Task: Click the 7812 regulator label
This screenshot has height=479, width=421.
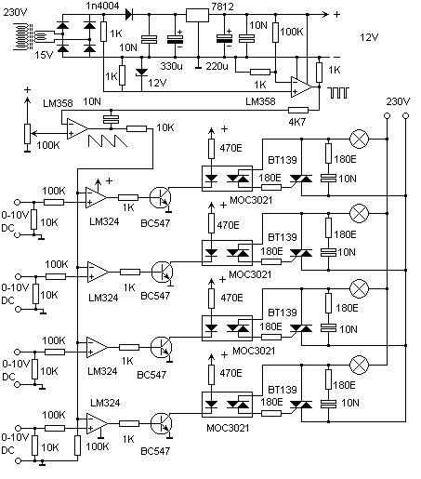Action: click(x=222, y=7)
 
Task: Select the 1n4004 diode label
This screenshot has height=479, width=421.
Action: click(x=102, y=6)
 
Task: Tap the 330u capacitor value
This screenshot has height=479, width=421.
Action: click(x=171, y=66)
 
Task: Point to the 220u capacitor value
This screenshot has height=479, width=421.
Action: click(x=217, y=66)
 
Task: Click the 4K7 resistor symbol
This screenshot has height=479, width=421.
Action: click(x=298, y=110)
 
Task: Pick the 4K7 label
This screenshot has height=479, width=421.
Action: click(x=297, y=122)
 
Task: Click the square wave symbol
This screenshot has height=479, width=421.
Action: click(x=338, y=93)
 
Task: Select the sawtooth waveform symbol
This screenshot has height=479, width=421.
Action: click(x=108, y=141)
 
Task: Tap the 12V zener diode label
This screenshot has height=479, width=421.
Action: click(x=157, y=83)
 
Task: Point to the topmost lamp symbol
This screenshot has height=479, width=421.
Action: click(x=359, y=140)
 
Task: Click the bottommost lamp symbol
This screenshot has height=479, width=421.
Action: click(x=359, y=365)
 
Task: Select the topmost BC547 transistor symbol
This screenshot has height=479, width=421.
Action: click(x=160, y=197)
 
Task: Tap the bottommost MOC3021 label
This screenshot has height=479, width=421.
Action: click(x=228, y=428)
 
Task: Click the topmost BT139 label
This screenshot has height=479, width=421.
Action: click(x=283, y=160)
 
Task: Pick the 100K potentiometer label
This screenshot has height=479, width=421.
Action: click(x=48, y=145)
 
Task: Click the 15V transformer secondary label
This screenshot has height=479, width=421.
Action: click(x=44, y=55)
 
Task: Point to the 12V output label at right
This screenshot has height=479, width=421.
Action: click(x=369, y=37)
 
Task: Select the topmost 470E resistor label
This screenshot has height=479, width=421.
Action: click(x=230, y=148)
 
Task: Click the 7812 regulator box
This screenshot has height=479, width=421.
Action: click(x=197, y=15)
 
